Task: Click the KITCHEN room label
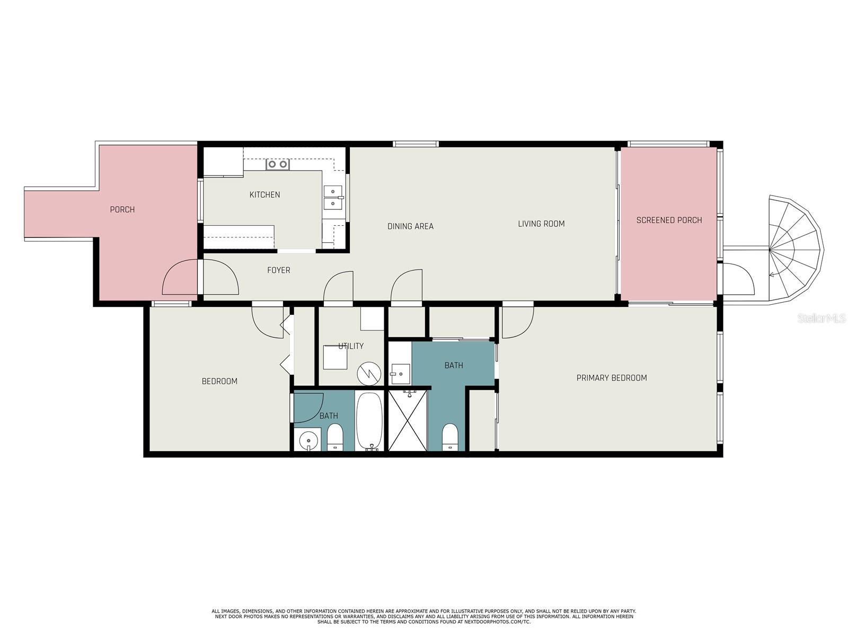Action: [264, 195]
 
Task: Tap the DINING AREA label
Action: [410, 226]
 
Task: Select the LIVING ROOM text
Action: [541, 224]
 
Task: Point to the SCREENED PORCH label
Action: [669, 220]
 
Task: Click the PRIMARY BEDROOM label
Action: [612, 378]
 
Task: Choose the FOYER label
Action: [279, 270]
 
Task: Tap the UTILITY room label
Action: [351, 346]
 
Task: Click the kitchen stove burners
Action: [278, 164]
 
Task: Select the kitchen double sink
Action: [333, 197]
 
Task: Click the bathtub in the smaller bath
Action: [369, 421]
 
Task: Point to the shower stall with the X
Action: [408, 420]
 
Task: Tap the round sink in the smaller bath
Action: [308, 439]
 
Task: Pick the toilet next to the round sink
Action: [335, 437]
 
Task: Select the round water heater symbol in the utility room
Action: [369, 374]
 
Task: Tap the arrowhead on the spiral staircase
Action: [771, 275]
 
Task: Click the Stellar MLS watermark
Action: [821, 318]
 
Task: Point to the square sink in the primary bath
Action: [401, 374]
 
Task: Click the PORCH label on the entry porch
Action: [122, 210]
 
